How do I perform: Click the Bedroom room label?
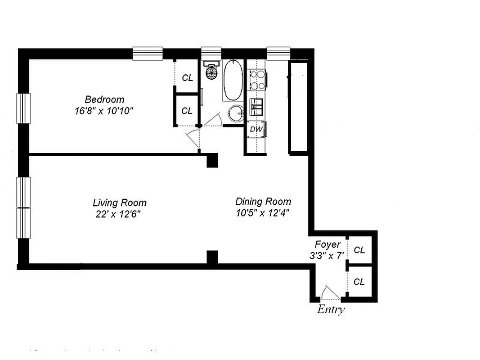(104, 99)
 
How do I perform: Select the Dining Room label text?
(263, 202)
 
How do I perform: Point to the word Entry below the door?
(331, 309)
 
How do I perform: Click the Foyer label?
(327, 245)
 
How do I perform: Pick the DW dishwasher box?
(256, 129)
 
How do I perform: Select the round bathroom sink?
(235, 113)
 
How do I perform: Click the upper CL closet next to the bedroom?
(187, 77)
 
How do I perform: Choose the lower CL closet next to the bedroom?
(187, 110)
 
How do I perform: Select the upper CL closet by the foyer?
(359, 250)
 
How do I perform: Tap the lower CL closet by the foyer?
(359, 282)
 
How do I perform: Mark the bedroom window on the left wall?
(23, 108)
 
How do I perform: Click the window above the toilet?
(211, 53)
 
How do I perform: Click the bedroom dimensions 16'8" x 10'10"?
(105, 111)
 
